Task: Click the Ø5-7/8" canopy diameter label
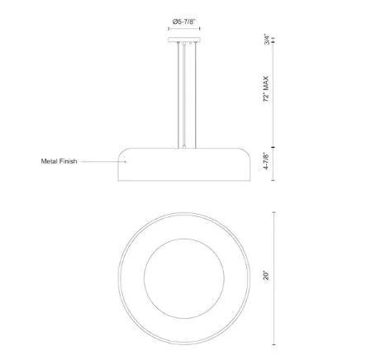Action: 183,21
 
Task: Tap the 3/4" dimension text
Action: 267,40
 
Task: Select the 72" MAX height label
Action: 266,89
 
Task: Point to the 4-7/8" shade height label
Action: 266,161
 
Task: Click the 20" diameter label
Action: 266,276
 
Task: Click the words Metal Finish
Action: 59,161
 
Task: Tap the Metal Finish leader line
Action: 103,162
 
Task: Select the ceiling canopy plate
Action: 184,40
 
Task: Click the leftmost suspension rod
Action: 178,95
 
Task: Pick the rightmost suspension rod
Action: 195,95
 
